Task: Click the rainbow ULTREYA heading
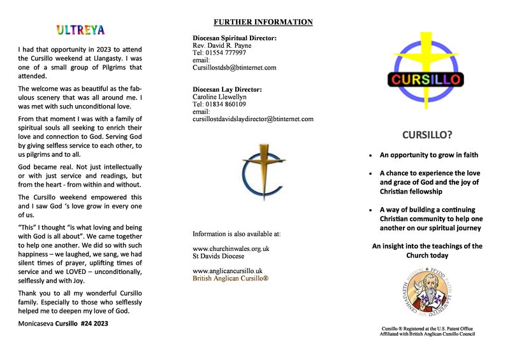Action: tap(80, 30)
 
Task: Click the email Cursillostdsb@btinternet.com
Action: tap(234, 67)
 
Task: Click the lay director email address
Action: tap(253, 119)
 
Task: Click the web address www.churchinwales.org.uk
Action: tap(231, 248)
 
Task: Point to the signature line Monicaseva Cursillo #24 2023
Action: tap(63, 324)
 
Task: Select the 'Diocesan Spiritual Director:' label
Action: tap(235, 38)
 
